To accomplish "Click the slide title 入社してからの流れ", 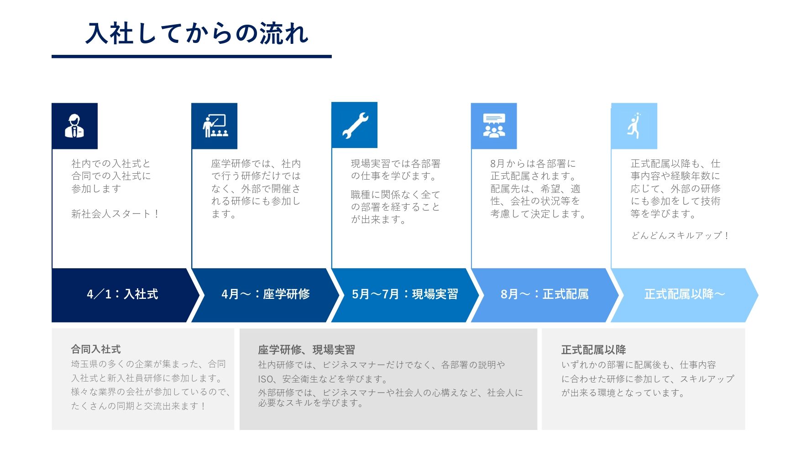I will [x=197, y=34].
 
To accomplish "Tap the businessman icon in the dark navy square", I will [x=74, y=126].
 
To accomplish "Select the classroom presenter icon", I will [x=215, y=126].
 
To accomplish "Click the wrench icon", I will [x=355, y=126].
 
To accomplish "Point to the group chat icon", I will [x=494, y=126].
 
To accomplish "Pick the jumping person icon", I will [x=634, y=126].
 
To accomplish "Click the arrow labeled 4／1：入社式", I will [x=122, y=294].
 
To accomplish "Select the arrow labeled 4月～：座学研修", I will [x=265, y=294].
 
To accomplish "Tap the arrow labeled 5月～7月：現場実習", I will [x=404, y=294].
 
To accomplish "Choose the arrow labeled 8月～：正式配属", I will [x=544, y=294].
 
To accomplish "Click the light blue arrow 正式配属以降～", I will [x=684, y=294].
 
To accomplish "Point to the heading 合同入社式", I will [x=96, y=350].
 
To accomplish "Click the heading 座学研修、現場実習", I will [x=306, y=350].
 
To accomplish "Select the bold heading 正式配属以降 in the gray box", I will [x=593, y=350].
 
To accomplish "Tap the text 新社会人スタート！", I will [x=115, y=214].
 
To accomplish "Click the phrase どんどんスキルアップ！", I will [x=680, y=236].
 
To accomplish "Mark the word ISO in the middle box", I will [x=265, y=379].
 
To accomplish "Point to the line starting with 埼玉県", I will [x=148, y=364].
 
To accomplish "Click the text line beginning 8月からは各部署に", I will [x=533, y=164].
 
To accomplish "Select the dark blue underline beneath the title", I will [x=191, y=57].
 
